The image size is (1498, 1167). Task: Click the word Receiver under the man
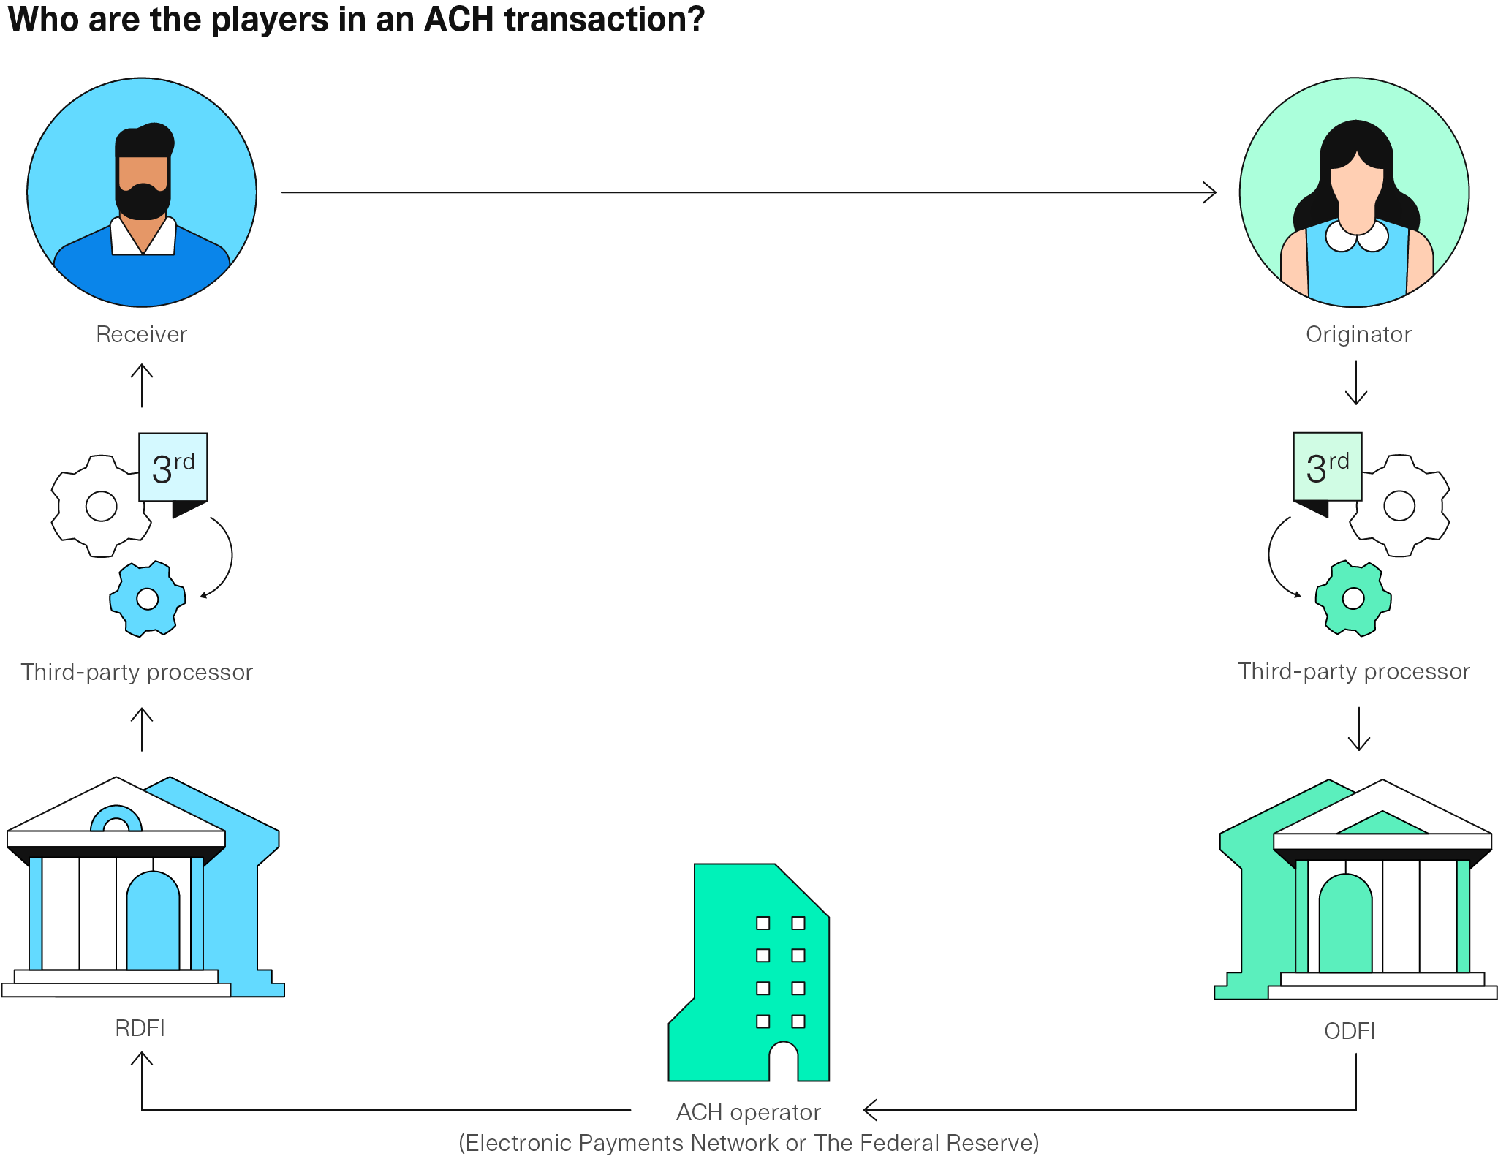(x=141, y=334)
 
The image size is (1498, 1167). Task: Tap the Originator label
(x=1358, y=334)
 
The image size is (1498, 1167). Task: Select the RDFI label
(x=140, y=1028)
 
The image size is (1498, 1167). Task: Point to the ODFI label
(x=1350, y=1031)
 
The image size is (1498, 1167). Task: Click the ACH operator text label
(x=748, y=1112)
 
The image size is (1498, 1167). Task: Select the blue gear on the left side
(x=147, y=599)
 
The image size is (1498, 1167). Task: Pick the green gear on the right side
(x=1353, y=599)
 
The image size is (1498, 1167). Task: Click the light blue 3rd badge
(x=173, y=467)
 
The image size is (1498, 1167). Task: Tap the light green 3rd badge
(x=1327, y=467)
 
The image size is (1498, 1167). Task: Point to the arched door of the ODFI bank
(x=1345, y=925)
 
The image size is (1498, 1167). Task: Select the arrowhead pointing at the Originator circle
(x=1210, y=192)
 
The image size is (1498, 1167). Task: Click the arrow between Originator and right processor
(x=1356, y=383)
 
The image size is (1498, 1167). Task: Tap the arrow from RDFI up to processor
(x=142, y=729)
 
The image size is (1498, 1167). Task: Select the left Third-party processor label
(x=137, y=672)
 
